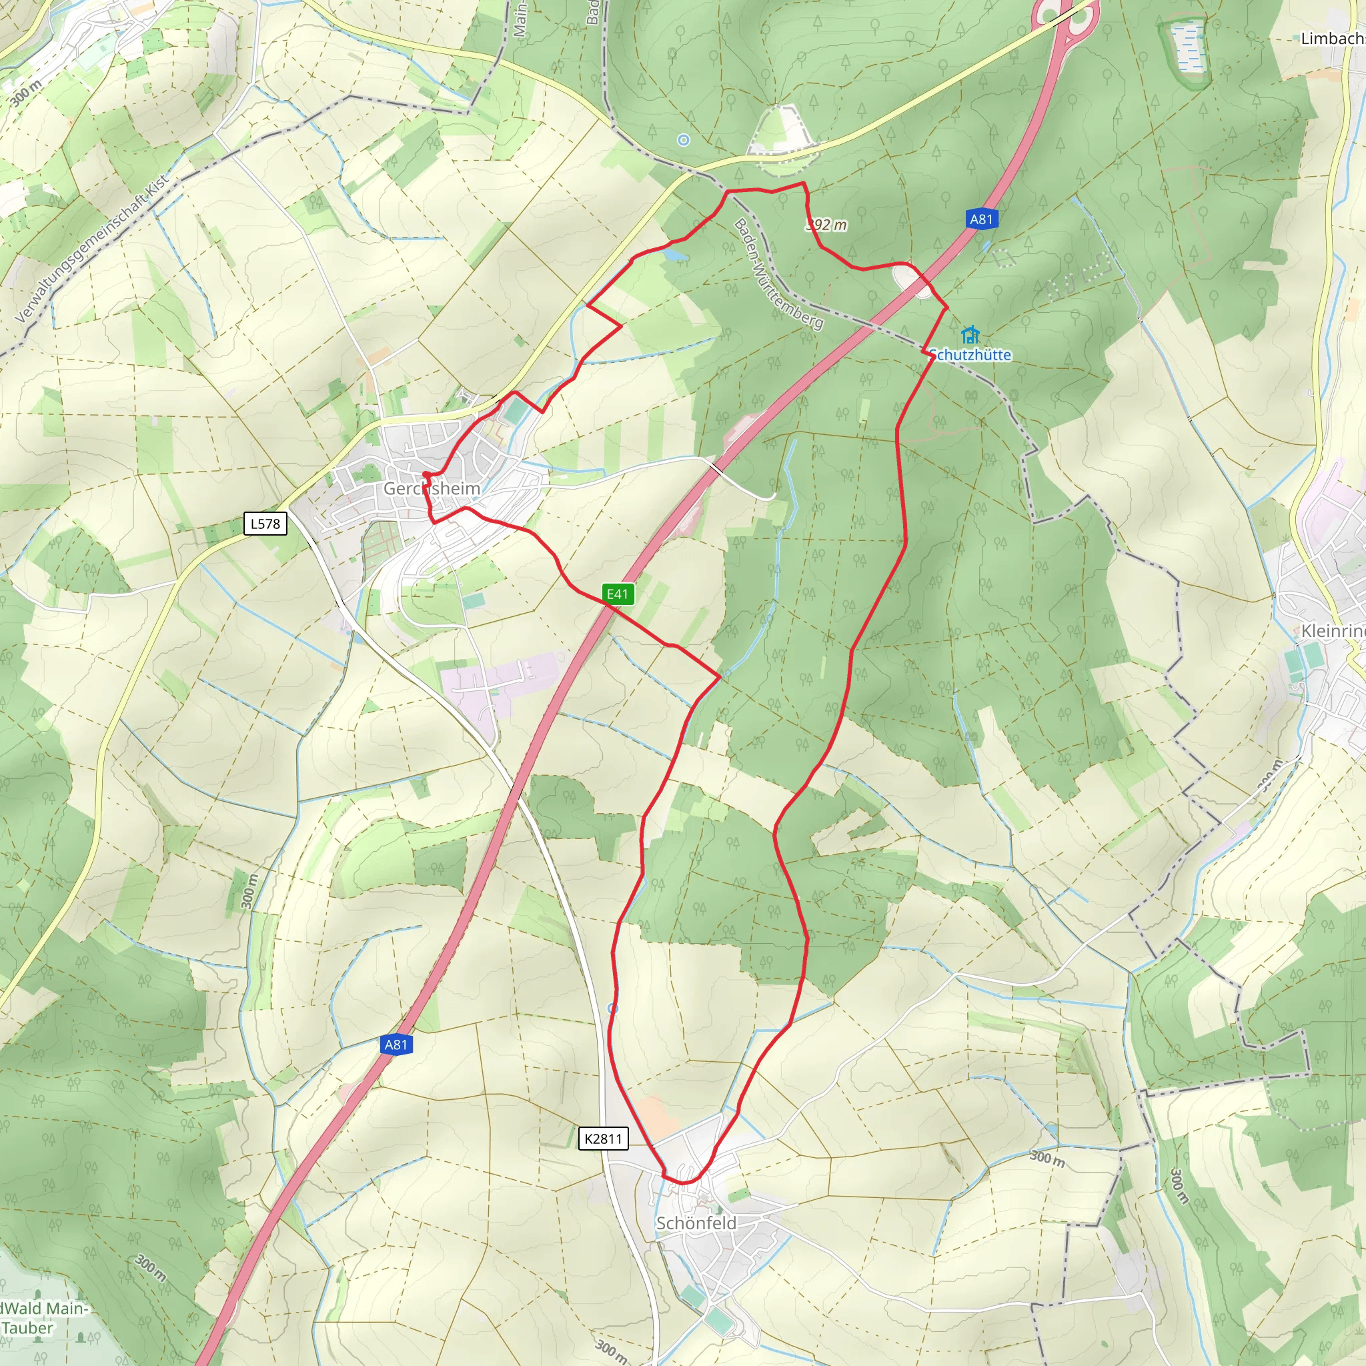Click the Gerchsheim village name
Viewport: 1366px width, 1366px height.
click(432, 488)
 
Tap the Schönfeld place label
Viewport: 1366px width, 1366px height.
click(696, 1223)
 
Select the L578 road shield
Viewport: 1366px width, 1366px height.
click(265, 524)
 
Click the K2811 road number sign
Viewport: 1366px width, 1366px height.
click(603, 1139)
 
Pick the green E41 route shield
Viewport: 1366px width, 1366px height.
click(617, 594)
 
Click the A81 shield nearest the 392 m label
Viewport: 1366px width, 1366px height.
click(980, 219)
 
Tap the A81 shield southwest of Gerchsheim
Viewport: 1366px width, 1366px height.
click(396, 1045)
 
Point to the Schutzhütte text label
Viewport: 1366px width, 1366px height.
click(970, 355)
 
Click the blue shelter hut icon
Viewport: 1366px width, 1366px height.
click(970, 333)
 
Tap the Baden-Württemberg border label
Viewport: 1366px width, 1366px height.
click(778, 273)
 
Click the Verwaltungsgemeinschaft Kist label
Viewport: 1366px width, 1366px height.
click(93, 248)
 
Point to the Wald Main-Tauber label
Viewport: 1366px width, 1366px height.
click(43, 1318)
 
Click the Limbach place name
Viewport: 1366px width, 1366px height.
click(1332, 38)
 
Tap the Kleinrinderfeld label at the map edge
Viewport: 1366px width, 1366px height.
click(1333, 631)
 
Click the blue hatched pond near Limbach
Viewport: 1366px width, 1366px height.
click(1187, 47)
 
